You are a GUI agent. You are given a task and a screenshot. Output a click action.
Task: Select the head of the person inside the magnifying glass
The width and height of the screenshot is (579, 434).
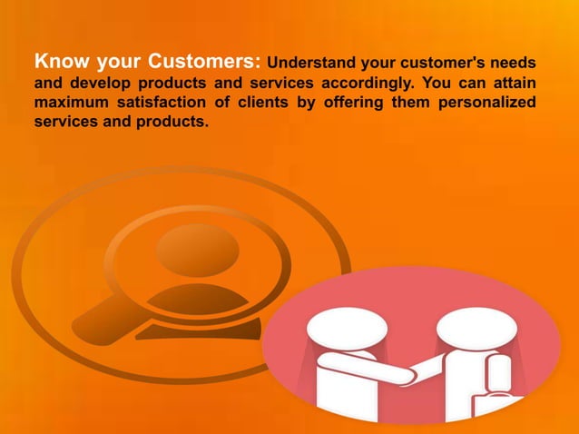point(197,245)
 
